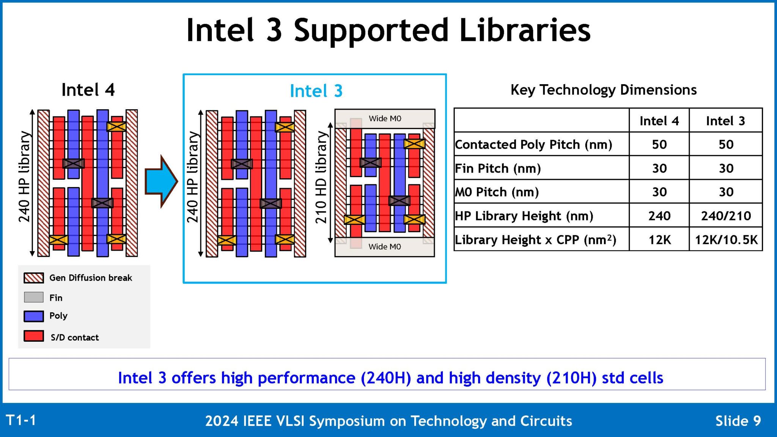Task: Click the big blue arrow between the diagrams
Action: click(x=160, y=181)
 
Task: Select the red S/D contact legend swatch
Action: click(x=34, y=336)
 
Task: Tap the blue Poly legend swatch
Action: click(x=34, y=316)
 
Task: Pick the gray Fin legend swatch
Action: click(x=34, y=297)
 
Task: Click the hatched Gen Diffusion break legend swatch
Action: click(x=34, y=278)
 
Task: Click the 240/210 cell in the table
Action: click(x=725, y=215)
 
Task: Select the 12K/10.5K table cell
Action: click(x=725, y=240)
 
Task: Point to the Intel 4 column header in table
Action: click(x=659, y=121)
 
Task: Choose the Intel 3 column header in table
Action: click(x=725, y=121)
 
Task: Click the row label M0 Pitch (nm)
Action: click(x=497, y=192)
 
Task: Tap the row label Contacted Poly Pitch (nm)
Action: click(x=533, y=145)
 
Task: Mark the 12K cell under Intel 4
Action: click(x=659, y=240)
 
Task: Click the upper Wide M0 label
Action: click(x=385, y=118)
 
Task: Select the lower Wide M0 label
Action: click(x=384, y=247)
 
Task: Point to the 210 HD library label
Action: click(x=321, y=178)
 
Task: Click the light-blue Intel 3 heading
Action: click(x=316, y=91)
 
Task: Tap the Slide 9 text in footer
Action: click(x=738, y=421)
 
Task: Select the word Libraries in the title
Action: click(x=525, y=30)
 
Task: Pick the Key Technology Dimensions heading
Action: click(x=603, y=90)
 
